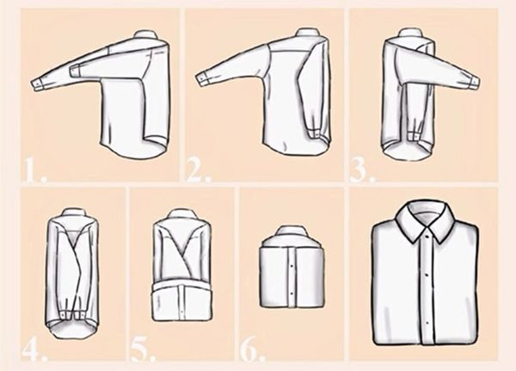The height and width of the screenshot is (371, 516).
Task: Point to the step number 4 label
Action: tap(34, 350)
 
